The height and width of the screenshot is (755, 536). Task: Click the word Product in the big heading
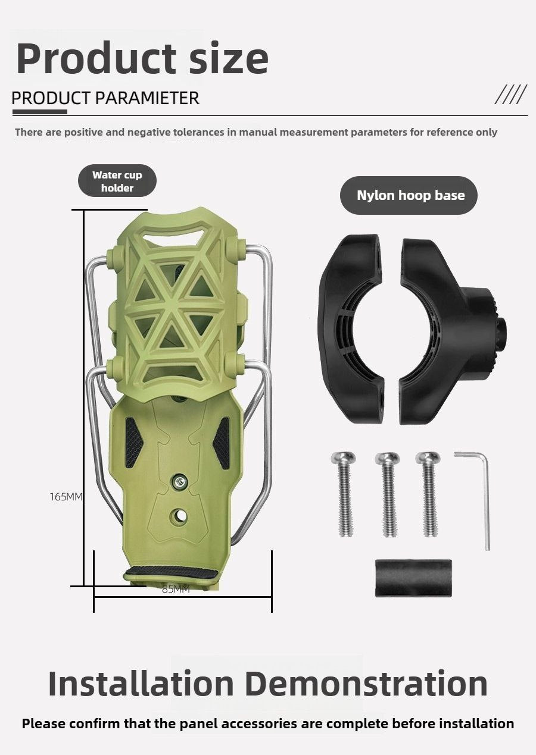[96, 58]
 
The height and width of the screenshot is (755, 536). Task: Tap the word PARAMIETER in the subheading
[147, 98]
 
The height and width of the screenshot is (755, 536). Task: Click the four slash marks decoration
[511, 94]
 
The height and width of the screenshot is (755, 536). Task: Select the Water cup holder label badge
[117, 181]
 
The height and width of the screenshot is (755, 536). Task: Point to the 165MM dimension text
[66, 496]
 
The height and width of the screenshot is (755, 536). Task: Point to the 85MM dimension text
[176, 589]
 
